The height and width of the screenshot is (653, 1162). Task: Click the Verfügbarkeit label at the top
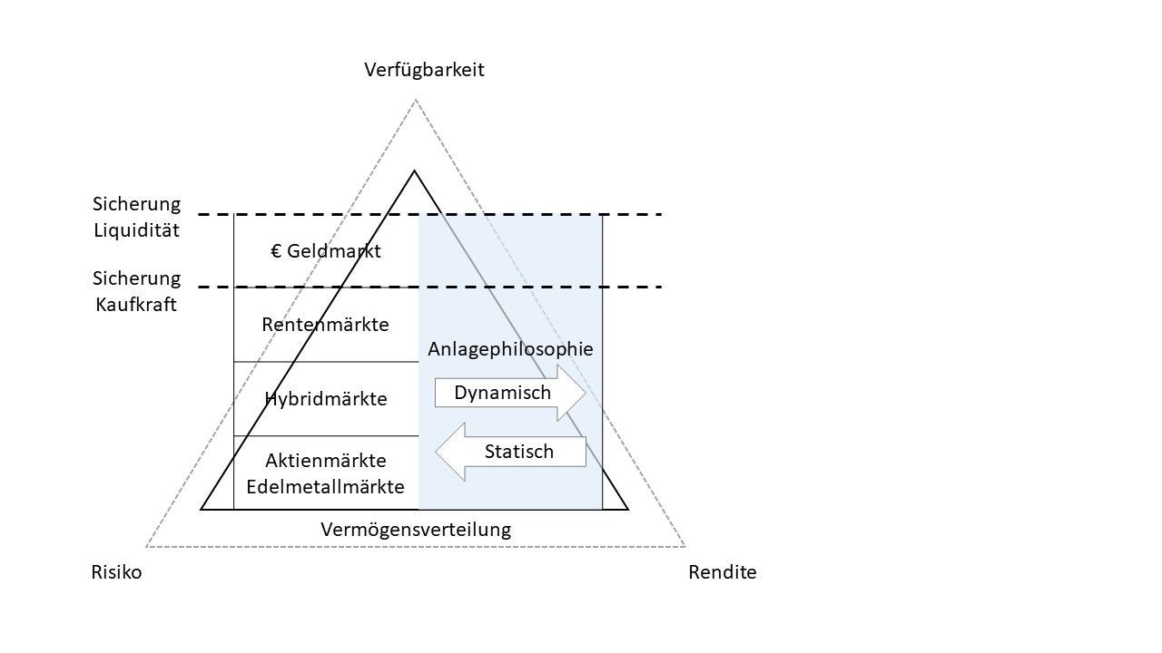[424, 70]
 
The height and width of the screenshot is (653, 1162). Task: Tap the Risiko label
[116, 572]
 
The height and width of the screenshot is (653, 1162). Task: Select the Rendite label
[722, 572]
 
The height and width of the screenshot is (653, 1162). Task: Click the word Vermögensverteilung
[416, 529]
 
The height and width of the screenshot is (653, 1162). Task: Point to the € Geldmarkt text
[326, 251]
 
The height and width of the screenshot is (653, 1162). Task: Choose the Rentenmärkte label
[325, 324]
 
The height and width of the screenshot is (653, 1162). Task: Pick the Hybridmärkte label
[326, 399]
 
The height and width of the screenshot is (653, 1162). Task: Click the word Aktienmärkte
[326, 461]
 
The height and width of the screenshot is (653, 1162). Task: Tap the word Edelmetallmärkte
[326, 486]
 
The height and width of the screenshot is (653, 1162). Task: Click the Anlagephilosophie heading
[510, 348]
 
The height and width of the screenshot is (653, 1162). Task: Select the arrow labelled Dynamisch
[508, 393]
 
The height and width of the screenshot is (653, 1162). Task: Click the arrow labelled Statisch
[511, 452]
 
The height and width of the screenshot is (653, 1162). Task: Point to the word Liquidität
[137, 229]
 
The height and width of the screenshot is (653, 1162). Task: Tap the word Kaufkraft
[136, 304]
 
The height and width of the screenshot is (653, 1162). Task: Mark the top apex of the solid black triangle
[415, 171]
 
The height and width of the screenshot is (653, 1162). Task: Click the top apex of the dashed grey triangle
[416, 100]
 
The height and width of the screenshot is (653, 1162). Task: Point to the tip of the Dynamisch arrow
[585, 393]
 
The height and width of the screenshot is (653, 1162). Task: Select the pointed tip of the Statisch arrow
[437, 452]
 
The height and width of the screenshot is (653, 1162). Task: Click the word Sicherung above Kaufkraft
[136, 278]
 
